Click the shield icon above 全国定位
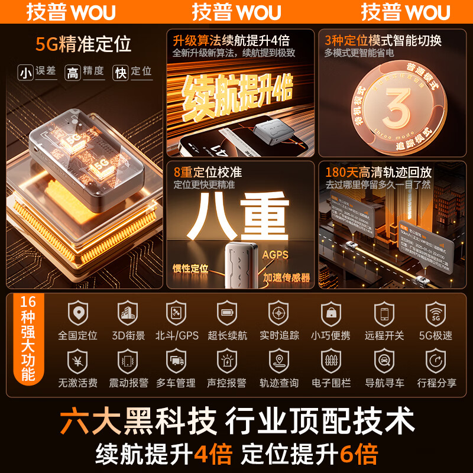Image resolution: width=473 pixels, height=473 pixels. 77,313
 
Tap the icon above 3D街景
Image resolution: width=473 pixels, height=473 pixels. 128,313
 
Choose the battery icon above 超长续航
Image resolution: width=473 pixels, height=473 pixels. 228,313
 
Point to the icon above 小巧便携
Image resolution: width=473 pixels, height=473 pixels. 331,313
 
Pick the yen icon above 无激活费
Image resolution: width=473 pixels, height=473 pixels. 77,360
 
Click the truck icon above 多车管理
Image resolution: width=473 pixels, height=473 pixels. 176,360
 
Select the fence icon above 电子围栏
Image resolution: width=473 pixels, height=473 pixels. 331,360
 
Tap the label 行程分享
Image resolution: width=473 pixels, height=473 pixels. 437,383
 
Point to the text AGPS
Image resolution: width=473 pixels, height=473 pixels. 275,255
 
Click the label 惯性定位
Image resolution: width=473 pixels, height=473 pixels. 190,268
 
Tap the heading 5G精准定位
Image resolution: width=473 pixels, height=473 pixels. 83,44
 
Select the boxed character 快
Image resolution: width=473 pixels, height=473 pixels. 121,72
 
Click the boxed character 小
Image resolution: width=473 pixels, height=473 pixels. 25,72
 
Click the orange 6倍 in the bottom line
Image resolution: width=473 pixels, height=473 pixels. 359,454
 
